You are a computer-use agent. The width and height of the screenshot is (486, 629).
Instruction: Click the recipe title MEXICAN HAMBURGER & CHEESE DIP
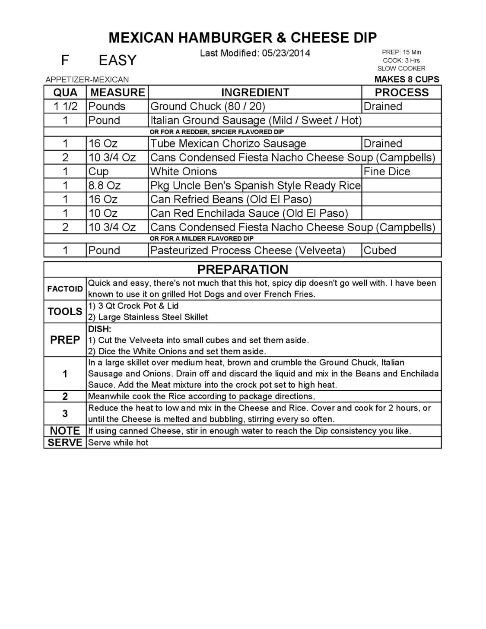[x=243, y=38]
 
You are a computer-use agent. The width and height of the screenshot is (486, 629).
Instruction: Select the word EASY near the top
[x=118, y=60]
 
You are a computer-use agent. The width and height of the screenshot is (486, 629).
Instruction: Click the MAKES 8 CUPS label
[x=407, y=79]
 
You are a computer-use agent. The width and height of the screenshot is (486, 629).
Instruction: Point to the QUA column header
[x=65, y=93]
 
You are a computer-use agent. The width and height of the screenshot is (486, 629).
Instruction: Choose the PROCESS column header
[x=401, y=93]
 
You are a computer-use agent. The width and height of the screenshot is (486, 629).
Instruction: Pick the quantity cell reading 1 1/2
[x=65, y=107]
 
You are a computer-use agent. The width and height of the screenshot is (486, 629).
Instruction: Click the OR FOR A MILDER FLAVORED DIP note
[x=201, y=239]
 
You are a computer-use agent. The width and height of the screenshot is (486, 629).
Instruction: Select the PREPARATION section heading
[x=242, y=270]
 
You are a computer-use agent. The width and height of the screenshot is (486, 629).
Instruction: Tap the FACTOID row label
[x=65, y=289]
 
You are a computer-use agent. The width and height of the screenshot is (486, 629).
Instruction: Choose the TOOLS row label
[x=65, y=312]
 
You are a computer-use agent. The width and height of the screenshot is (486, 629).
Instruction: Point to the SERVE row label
[x=65, y=443]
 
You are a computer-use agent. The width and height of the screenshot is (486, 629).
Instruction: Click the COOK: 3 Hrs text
[x=401, y=60]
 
